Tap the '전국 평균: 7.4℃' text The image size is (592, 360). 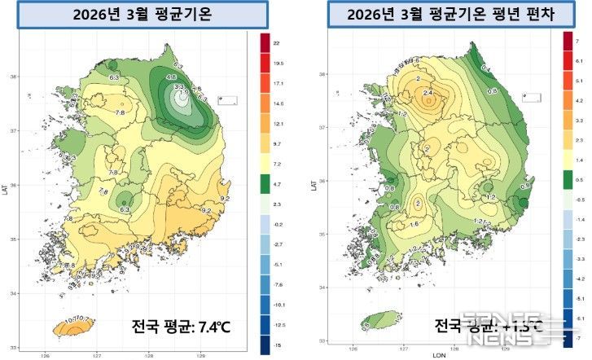(x=182, y=327)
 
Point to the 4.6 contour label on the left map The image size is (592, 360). (x=171, y=77)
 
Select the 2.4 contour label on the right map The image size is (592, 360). (x=429, y=94)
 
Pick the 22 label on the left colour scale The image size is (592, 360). (x=276, y=42)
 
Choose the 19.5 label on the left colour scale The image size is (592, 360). (x=278, y=62)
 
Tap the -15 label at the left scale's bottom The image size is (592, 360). (x=277, y=345)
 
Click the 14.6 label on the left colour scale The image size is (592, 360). (x=278, y=103)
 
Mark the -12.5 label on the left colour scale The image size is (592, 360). (x=278, y=325)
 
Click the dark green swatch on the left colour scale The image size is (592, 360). (x=265, y=186)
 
